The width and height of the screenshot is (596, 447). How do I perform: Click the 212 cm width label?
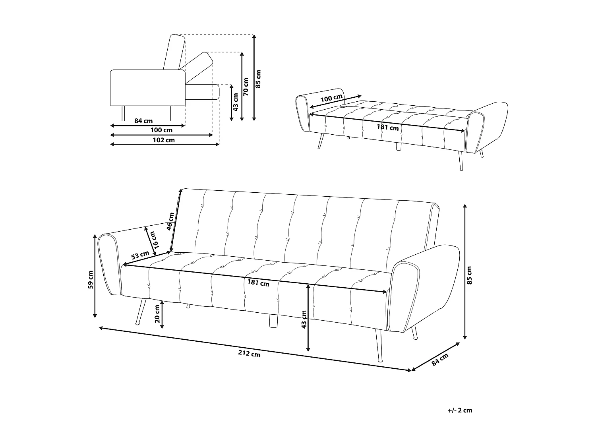tap(250, 353)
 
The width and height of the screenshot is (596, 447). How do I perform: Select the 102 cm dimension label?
tap(164, 140)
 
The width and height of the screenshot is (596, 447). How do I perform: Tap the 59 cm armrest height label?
tap(91, 279)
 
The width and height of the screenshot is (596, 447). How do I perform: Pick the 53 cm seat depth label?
tap(140, 255)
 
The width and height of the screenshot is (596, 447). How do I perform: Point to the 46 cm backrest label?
tap(170, 221)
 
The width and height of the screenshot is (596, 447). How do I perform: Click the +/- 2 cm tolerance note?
tap(460, 410)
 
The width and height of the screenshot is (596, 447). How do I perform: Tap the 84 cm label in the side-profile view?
tap(143, 121)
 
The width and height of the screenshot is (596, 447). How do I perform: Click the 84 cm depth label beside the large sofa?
tap(440, 359)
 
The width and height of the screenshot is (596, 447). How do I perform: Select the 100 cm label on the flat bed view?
tap(331, 99)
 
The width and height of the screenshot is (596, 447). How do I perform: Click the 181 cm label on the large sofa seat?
tap(258, 283)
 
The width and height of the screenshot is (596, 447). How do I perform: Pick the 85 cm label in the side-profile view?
tap(259, 79)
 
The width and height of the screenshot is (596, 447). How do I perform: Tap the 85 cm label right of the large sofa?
tap(470, 275)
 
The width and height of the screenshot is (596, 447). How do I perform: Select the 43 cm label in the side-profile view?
tap(236, 102)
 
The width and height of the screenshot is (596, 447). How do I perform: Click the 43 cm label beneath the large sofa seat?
tap(304, 319)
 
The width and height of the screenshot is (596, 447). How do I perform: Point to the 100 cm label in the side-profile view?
tap(161, 130)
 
